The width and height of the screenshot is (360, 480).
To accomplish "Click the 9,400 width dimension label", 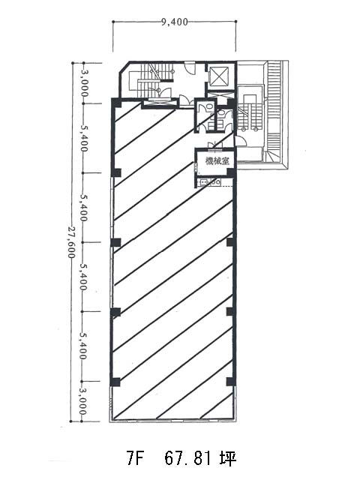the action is pos(175,22).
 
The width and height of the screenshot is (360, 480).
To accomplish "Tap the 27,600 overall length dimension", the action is pos(72,242).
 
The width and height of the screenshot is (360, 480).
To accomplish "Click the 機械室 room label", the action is pos(217,160).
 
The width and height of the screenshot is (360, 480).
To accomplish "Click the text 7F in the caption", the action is pos(135,458).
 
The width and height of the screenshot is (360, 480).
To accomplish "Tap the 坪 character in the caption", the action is pos(228,458).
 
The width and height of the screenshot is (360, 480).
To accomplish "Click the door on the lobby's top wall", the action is pos(190,67).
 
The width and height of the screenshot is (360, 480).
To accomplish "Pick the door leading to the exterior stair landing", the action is pos(240,141).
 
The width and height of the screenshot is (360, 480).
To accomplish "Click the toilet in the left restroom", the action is pos(210,106).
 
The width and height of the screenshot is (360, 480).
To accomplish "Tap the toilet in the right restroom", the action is pos(221,112).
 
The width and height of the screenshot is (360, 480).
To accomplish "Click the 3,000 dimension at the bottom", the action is pos(82,401).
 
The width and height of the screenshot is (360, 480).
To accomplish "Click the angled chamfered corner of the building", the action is pos(124,68).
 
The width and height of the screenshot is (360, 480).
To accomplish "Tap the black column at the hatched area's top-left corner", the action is pos(116,103).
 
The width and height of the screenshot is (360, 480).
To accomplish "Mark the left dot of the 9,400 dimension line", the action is pos(113,22).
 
